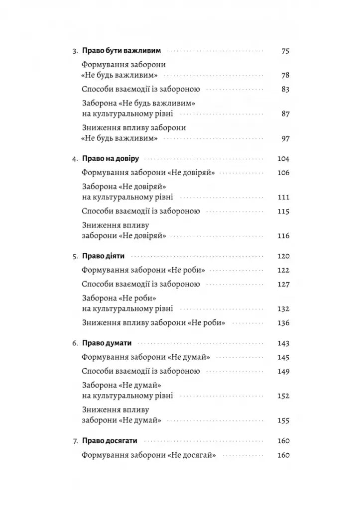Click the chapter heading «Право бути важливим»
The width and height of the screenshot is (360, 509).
[x=120, y=51]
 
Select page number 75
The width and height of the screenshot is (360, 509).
[x=285, y=51]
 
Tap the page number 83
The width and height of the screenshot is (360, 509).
[x=285, y=90]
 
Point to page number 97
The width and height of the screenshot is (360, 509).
[x=285, y=138]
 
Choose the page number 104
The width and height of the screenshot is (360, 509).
[x=283, y=159]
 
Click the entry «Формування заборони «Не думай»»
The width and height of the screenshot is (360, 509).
[x=145, y=357]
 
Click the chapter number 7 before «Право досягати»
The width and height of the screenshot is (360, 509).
[x=75, y=441]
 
